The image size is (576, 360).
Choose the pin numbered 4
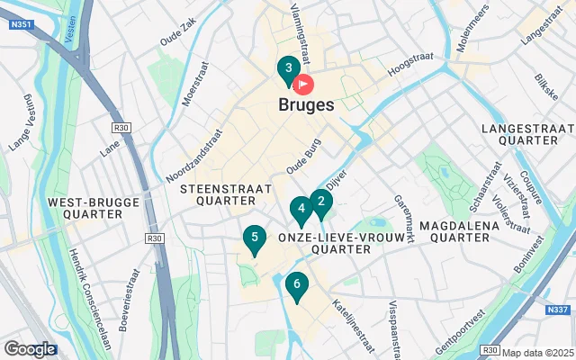pos(301,211)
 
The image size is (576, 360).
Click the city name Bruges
pos(301,105)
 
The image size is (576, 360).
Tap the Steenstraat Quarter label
pos(220,194)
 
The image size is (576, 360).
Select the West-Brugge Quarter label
pos(85,208)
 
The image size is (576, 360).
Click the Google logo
pos(30,349)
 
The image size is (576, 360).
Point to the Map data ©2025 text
pos(537,352)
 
